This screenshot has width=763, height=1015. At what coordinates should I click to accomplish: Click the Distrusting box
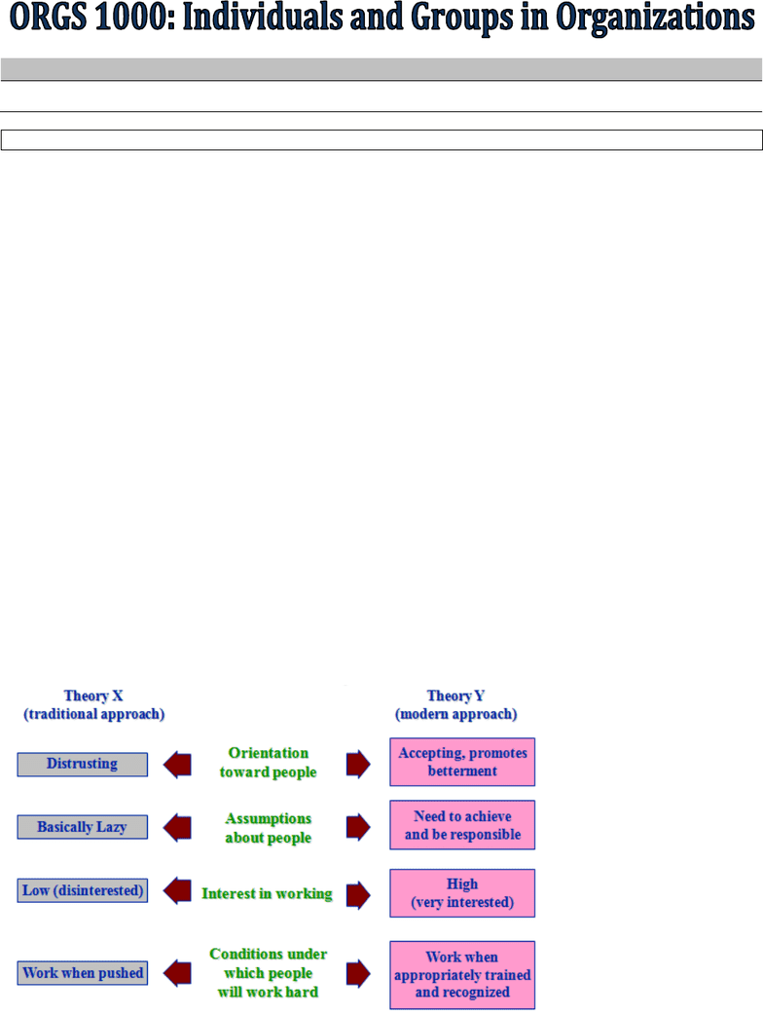(82, 764)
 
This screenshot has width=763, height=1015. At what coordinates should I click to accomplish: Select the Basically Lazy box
(82, 827)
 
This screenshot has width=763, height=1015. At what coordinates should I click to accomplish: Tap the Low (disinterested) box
(82, 890)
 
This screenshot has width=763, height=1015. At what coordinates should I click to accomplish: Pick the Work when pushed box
(82, 973)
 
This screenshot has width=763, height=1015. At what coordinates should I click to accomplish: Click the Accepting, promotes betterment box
(462, 762)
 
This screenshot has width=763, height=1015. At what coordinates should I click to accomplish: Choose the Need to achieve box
(462, 825)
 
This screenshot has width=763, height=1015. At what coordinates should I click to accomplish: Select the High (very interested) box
(462, 893)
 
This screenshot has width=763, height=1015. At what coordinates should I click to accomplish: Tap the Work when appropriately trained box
(462, 975)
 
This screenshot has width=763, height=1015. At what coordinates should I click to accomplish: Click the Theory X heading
(93, 705)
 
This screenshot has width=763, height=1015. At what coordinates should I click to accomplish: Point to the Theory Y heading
(455, 705)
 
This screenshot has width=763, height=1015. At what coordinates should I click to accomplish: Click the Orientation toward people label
(269, 763)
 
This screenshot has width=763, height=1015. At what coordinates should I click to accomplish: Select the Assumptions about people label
(269, 828)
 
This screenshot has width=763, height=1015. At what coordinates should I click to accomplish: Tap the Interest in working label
(267, 893)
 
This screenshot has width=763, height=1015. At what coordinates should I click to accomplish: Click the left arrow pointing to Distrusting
(177, 765)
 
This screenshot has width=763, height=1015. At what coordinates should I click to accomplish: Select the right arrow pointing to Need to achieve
(358, 827)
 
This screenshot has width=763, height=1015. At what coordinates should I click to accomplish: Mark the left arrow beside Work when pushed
(177, 973)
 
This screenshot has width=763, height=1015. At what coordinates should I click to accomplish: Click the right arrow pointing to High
(358, 895)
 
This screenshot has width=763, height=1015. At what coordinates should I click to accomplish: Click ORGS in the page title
(49, 18)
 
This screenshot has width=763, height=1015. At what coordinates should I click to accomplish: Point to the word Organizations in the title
(655, 19)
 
